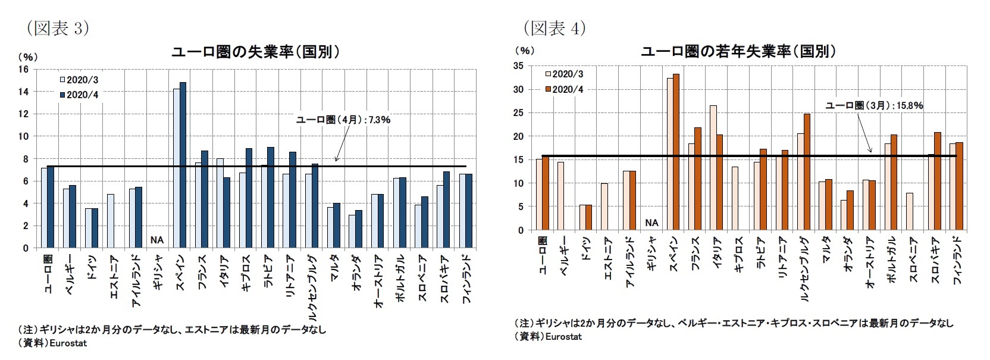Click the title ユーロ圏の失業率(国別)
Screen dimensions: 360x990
255,52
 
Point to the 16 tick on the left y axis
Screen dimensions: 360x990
24,69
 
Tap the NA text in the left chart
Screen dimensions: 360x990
156,240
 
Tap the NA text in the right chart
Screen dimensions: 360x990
651,223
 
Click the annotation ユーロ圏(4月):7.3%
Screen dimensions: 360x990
343,120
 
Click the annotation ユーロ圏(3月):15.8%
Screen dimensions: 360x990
874,105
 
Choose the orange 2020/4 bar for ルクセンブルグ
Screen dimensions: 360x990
807,172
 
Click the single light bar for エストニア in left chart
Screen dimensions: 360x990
110,221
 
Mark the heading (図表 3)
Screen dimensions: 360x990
57,28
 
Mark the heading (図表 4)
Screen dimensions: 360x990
554,27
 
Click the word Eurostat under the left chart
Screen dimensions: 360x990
68,343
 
